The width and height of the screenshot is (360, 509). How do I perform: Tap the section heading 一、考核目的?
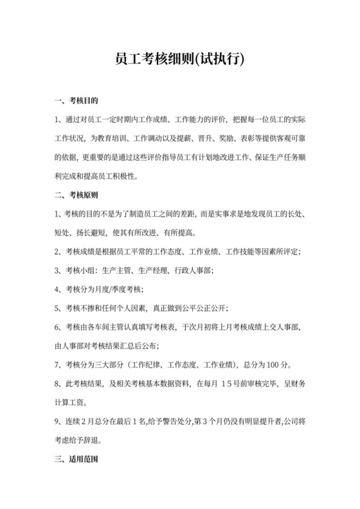tap(76, 101)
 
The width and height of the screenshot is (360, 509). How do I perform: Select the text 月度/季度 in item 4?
tap(109, 288)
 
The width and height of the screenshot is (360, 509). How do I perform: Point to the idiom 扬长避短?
tap(94, 232)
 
